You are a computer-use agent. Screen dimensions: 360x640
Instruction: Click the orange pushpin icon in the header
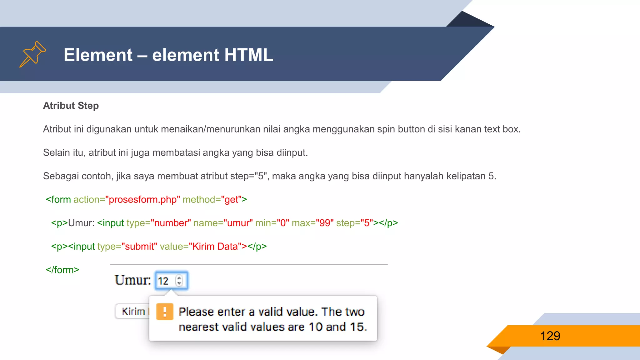32,54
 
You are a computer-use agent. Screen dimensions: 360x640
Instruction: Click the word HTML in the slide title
248,55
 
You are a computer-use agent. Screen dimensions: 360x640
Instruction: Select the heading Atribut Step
71,106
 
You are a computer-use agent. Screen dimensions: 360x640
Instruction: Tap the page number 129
550,336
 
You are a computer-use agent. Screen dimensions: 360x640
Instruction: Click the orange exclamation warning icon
165,312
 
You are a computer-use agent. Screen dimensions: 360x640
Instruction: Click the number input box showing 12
166,281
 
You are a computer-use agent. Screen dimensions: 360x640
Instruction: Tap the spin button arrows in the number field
179,280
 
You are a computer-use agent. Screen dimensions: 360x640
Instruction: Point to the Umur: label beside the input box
133,280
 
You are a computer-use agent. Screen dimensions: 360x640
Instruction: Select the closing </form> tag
62,270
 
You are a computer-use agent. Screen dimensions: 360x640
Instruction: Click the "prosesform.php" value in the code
142,199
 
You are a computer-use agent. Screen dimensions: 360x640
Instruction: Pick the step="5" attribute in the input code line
354,223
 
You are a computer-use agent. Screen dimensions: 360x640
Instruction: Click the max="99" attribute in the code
312,223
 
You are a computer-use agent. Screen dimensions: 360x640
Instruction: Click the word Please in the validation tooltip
196,312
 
